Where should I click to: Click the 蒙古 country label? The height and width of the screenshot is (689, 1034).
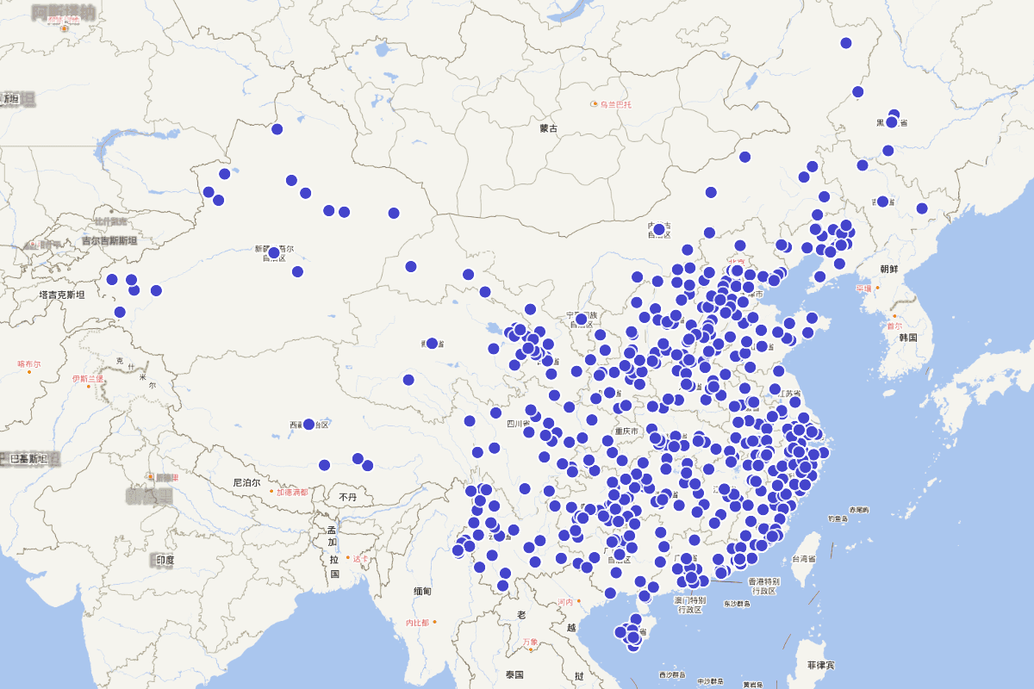pos(549,128)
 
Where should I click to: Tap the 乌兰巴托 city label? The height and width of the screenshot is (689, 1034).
pos(615,104)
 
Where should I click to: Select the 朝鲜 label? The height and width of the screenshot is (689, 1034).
pos(888,269)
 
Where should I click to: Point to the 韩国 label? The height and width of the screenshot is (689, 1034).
pos(909,338)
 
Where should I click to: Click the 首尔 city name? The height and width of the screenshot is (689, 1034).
pos(894,326)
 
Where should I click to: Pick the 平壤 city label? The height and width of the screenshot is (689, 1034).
pos(863,289)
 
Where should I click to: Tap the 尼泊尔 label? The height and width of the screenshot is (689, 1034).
pos(246,483)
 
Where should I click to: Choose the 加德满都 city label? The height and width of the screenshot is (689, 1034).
pos(292,493)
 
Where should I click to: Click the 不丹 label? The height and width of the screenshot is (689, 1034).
pos(347,497)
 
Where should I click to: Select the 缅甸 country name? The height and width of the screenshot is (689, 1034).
pos(422,591)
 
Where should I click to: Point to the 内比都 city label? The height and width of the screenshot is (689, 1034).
pos(417,622)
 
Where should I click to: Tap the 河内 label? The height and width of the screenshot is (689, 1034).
pos(565,601)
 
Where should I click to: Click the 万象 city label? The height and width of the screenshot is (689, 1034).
pos(529,642)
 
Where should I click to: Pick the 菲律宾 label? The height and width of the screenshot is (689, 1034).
pos(821,666)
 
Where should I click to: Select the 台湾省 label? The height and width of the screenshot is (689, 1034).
pos(802,559)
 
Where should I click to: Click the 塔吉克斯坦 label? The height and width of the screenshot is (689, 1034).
pos(62,295)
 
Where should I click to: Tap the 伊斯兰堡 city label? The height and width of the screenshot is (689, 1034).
pos(87,378)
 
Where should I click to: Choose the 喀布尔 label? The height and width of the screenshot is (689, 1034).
pos(28,364)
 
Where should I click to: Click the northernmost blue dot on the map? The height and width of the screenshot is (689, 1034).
pos(846,43)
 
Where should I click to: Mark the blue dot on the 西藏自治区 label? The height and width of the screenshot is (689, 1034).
pos(308,424)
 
